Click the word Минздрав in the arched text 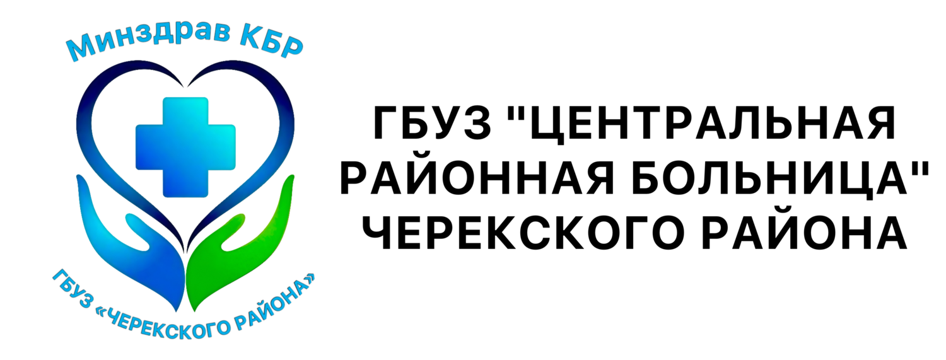coord(148,40)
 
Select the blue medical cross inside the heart coord(185,148)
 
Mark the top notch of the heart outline coord(186,86)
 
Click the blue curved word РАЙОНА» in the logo coord(277,305)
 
